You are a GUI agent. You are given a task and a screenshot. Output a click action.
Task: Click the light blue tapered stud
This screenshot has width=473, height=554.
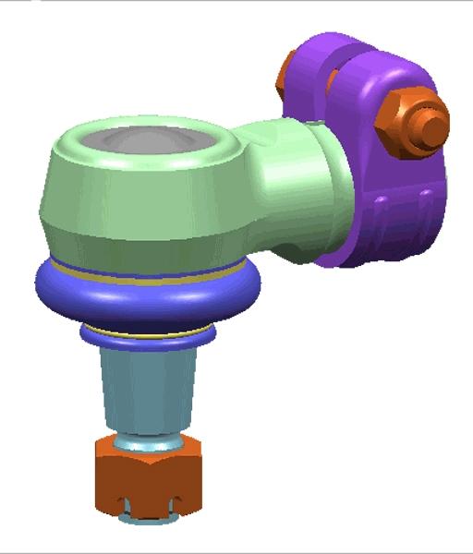pos(148,388)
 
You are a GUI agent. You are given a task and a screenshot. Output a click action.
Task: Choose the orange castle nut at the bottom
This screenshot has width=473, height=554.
pos(148,476)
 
